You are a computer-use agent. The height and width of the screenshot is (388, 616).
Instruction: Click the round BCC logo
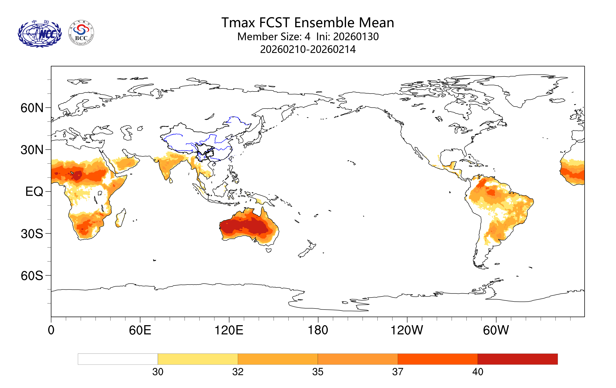pyautogui.click(x=81, y=33)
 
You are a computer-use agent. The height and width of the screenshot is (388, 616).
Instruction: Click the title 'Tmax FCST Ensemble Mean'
pyautogui.click(x=308, y=22)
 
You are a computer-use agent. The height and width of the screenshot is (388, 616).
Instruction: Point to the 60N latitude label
pyautogui.click(x=32, y=108)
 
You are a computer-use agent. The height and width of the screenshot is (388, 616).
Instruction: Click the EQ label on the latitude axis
pyautogui.click(x=34, y=192)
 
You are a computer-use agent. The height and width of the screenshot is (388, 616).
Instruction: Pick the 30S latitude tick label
pyautogui.click(x=32, y=234)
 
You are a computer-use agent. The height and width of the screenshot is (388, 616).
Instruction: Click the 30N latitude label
pyautogui.click(x=32, y=150)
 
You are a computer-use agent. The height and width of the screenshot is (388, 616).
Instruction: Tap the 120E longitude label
pyautogui.click(x=229, y=330)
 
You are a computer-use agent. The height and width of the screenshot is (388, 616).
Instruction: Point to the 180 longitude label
pyautogui.click(x=318, y=330)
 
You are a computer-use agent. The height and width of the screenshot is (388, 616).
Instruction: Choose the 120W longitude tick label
pyautogui.click(x=407, y=330)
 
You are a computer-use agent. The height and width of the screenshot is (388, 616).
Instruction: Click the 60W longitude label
pyautogui.click(x=496, y=330)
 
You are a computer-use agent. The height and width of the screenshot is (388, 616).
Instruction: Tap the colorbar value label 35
pyautogui.click(x=318, y=372)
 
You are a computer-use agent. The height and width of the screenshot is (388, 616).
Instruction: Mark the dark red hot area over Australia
pyautogui.click(x=243, y=226)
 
